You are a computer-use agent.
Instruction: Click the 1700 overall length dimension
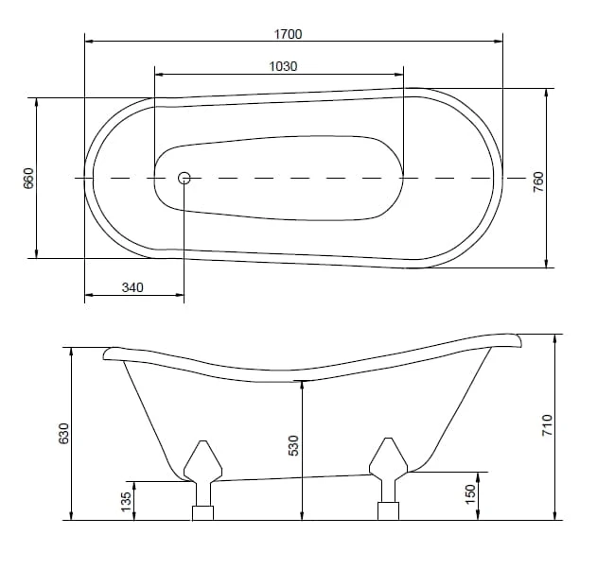(289, 34)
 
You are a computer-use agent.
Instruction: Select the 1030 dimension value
(283, 66)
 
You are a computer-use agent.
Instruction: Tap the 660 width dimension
(28, 178)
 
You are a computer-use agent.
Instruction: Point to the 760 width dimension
(538, 181)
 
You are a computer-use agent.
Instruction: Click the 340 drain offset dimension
(132, 287)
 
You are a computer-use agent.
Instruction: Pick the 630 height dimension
(63, 433)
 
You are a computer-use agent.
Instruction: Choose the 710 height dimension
(547, 425)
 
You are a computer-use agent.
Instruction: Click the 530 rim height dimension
(293, 445)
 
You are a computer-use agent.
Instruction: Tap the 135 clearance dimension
(126, 502)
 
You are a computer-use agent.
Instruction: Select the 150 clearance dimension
(470, 493)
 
